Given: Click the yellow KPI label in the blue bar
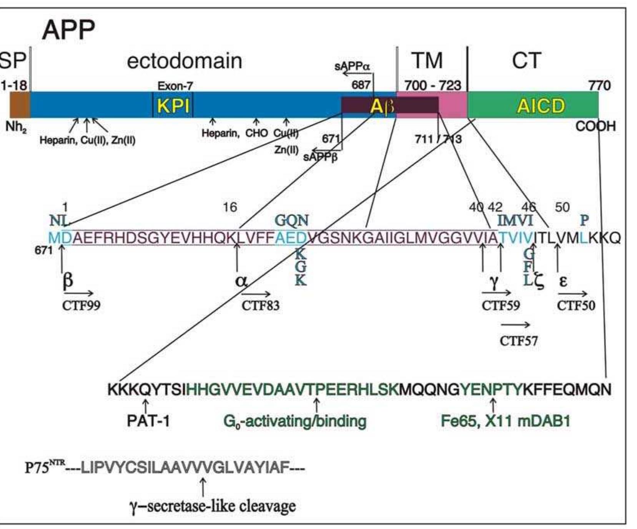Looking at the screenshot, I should (173, 106).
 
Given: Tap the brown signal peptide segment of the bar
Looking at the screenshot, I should (19, 105).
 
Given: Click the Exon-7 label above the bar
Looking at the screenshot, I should (175, 86).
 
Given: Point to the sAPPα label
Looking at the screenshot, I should (352, 66).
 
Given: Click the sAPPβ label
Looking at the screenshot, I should (320, 157).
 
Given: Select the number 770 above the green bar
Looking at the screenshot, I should (599, 85).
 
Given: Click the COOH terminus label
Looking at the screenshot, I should (595, 126).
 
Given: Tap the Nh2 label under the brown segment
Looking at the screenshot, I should (16, 127).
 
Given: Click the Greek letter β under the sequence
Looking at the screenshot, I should (67, 281).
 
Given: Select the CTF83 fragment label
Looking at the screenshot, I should (260, 306).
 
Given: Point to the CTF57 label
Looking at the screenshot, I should (519, 341).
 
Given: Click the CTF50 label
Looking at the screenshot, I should (575, 306).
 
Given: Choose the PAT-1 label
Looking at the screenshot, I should (148, 421).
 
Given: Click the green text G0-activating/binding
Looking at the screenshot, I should (294, 421).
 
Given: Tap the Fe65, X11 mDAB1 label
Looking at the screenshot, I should (505, 421).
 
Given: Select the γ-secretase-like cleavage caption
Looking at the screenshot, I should (212, 506).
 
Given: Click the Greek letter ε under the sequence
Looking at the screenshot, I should (563, 281).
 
